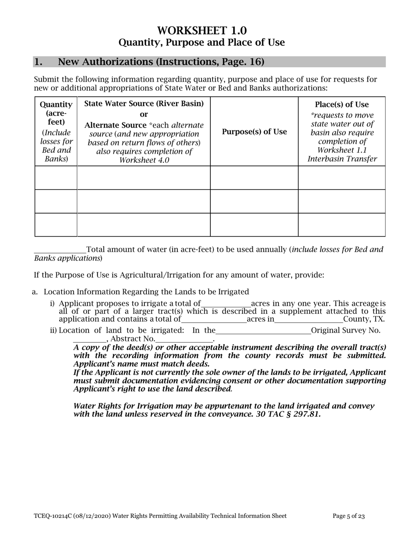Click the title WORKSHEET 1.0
(202, 30)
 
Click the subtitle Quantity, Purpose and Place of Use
(202, 43)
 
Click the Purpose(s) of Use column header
(254, 132)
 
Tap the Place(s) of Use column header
(342, 105)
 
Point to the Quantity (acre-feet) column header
(56, 113)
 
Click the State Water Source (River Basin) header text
(144, 104)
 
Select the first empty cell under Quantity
(56, 178)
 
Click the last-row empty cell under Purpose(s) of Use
(254, 224)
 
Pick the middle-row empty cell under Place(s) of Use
(342, 201)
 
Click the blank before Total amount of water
(60, 250)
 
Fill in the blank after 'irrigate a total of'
(226, 304)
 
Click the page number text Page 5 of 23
(348, 516)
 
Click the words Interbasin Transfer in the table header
(342, 159)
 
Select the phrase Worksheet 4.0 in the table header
(144, 160)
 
